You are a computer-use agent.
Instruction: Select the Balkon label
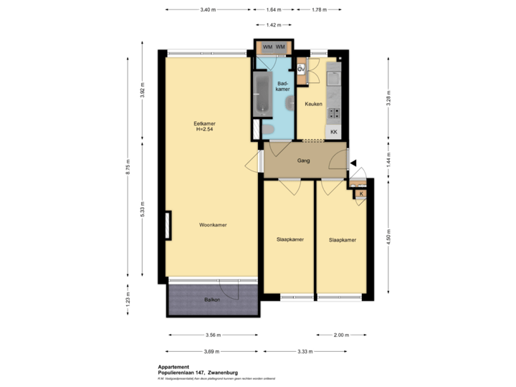point(211,300)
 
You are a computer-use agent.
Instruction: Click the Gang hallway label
point(303,161)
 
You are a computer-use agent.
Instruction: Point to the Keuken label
point(313,105)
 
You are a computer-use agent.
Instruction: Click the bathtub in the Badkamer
point(261,95)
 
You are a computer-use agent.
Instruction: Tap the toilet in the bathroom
point(268,129)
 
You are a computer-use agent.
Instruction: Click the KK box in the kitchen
point(333,133)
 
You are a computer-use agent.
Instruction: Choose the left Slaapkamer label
point(290,239)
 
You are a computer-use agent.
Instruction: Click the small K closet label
point(361,193)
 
